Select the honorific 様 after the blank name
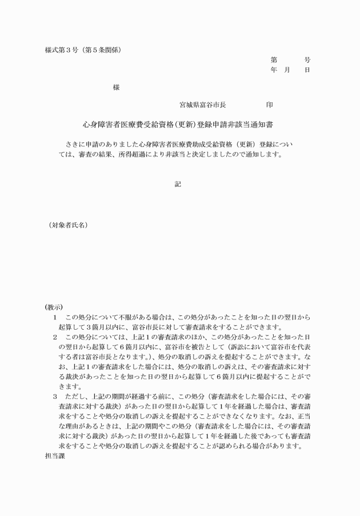(116, 87)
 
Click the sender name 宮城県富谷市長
(203, 105)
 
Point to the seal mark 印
(269, 105)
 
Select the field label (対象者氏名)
(68, 226)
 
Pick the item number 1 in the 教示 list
(55, 317)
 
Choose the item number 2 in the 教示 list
(55, 337)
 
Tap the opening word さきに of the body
(77, 144)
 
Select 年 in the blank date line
(274, 70)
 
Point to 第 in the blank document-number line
(274, 59)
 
